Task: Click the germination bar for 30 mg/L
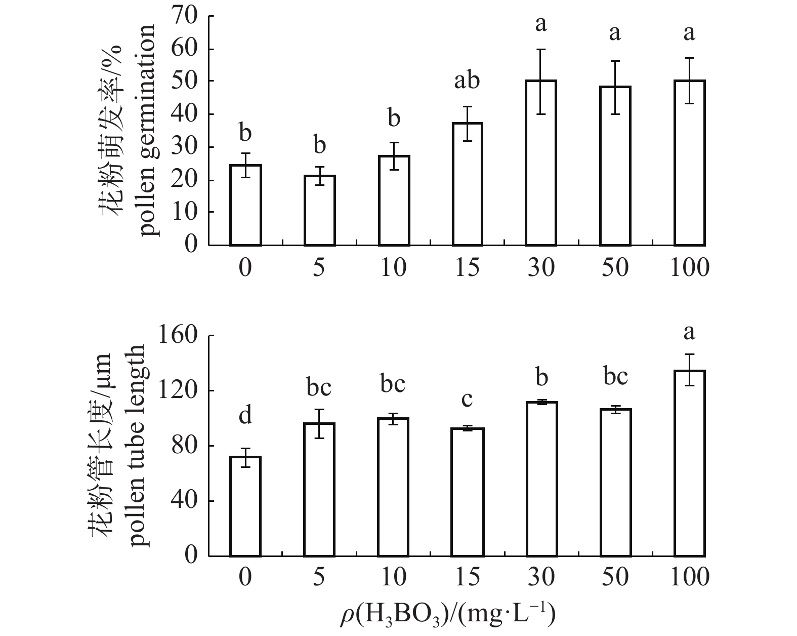point(541,163)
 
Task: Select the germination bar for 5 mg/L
point(319,210)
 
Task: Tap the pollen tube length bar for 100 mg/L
point(689,463)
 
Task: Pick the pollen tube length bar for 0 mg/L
point(245,506)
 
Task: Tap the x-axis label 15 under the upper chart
point(467,267)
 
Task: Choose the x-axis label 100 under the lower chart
point(689,578)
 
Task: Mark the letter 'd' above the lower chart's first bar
point(245,416)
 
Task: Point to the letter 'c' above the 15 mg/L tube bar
point(467,400)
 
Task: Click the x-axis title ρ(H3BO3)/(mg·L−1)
point(447,614)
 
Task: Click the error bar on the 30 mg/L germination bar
point(541,81)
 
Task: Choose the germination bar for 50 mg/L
point(615,166)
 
